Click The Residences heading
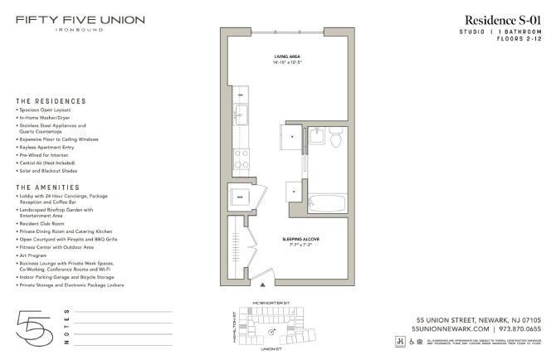(x=51, y=101)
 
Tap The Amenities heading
(x=49, y=187)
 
